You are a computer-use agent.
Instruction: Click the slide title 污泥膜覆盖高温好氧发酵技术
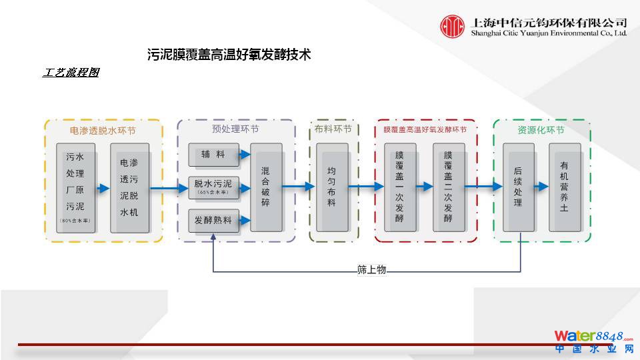[229, 55]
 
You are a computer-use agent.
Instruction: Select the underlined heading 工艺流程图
[71, 73]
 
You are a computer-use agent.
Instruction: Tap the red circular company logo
[452, 27]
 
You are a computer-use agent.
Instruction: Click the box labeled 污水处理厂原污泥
[75, 187]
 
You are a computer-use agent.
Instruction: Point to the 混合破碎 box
[265, 187]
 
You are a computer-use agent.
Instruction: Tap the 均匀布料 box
[331, 187]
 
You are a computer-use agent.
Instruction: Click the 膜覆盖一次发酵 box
[399, 187]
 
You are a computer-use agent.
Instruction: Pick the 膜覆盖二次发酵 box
[448, 187]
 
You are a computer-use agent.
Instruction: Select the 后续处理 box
[518, 187]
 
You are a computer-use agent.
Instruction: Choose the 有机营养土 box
[563, 187]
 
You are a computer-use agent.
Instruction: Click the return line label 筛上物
[371, 270]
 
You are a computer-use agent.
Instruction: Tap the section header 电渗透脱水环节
[103, 130]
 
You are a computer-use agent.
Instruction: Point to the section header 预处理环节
[235, 129]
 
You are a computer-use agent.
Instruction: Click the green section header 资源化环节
[541, 130]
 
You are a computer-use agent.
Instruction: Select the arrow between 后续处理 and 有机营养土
[541, 188]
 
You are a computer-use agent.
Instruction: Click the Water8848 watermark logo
[593, 340]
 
